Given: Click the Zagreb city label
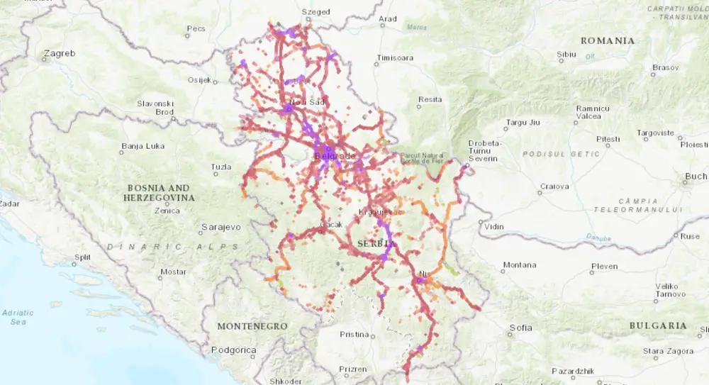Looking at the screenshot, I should click(x=58, y=53).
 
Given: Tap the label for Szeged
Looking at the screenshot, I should click(x=316, y=12).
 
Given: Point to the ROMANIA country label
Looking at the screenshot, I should click(x=608, y=40).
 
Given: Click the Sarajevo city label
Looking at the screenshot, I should click(x=221, y=227).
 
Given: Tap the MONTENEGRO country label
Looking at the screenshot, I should click(x=252, y=326).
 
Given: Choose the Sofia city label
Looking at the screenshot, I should click(x=520, y=328).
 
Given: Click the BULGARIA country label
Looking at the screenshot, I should click(x=657, y=325).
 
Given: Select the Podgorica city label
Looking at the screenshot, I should click(x=233, y=350).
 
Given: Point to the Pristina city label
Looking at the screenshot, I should click(x=354, y=334).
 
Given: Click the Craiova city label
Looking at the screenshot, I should click(x=554, y=186).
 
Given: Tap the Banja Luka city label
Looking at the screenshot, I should click(x=143, y=147).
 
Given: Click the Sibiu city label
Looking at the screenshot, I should click(x=567, y=54).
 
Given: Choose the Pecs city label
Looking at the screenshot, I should click(x=195, y=30).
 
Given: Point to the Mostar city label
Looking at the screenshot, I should click(x=173, y=272).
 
